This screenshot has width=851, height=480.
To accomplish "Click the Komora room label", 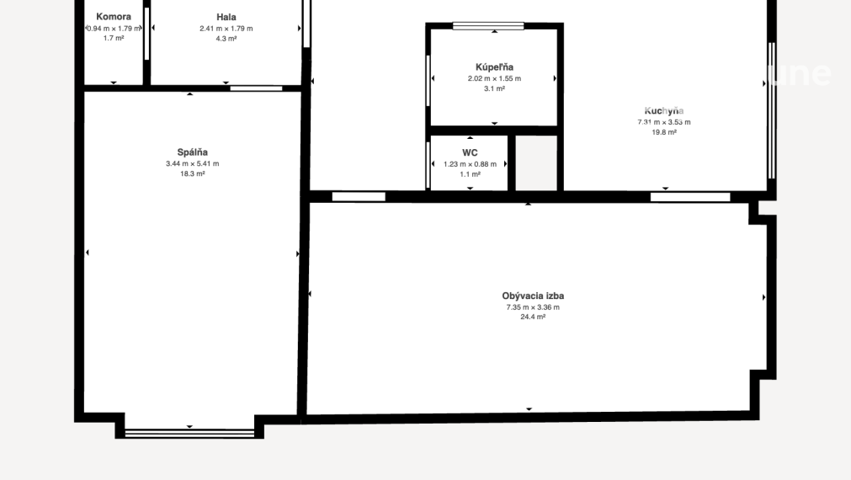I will click(114, 17).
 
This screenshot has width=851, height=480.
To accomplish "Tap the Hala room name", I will click(226, 17).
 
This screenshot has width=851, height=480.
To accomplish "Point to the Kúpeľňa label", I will click(494, 67).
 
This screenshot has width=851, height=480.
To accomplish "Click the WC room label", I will click(470, 153).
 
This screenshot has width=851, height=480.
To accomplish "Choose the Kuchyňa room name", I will click(664, 110).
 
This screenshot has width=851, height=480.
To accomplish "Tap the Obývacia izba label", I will click(533, 296).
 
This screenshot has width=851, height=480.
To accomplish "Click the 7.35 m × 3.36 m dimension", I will click(533, 307).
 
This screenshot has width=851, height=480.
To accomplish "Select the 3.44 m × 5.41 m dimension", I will click(192, 163).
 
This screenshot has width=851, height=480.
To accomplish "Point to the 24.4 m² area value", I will click(533, 317).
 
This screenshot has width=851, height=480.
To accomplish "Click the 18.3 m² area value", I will click(192, 173).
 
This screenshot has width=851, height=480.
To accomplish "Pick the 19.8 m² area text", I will click(664, 132).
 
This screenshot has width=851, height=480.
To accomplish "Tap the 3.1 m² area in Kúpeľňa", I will click(494, 88).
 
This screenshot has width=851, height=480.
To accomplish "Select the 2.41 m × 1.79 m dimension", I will click(226, 29).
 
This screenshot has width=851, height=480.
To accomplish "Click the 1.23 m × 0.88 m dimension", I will click(470, 164).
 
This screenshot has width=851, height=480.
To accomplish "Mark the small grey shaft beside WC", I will click(536, 163).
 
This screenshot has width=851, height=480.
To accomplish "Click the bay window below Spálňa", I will click(189, 433).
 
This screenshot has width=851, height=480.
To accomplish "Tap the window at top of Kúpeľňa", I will click(488, 26).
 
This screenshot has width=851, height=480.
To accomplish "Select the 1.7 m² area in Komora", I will click(114, 39).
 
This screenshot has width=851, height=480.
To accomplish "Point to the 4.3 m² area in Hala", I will click(226, 39).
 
